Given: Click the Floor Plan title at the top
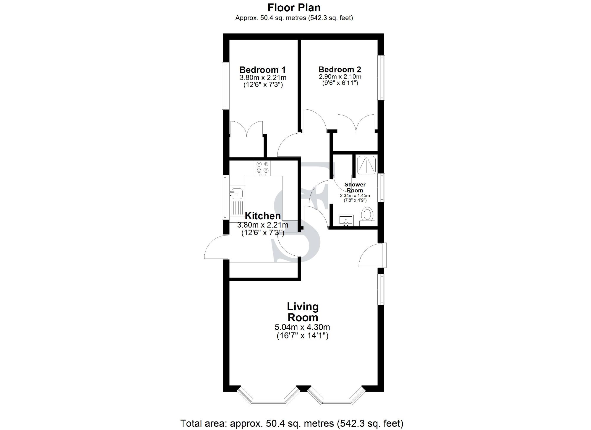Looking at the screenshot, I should click(x=294, y=7).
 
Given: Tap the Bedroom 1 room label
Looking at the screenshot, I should click(x=262, y=70).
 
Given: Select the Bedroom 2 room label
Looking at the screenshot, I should click(x=340, y=69).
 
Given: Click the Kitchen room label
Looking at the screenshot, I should click(x=263, y=216).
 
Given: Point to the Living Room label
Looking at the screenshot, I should click(x=303, y=312).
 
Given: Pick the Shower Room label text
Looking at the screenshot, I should click(x=355, y=187).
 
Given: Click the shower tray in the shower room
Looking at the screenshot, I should click(x=367, y=165).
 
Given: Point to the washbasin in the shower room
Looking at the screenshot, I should click(x=345, y=220).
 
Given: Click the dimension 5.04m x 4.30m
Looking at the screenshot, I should click(x=302, y=327).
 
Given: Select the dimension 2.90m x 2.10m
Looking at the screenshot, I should click(x=340, y=77).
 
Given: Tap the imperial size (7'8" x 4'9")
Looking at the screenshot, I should click(x=355, y=200).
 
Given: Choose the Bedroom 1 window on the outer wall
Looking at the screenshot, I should click(x=225, y=86).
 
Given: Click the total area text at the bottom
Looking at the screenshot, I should click(x=292, y=423).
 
